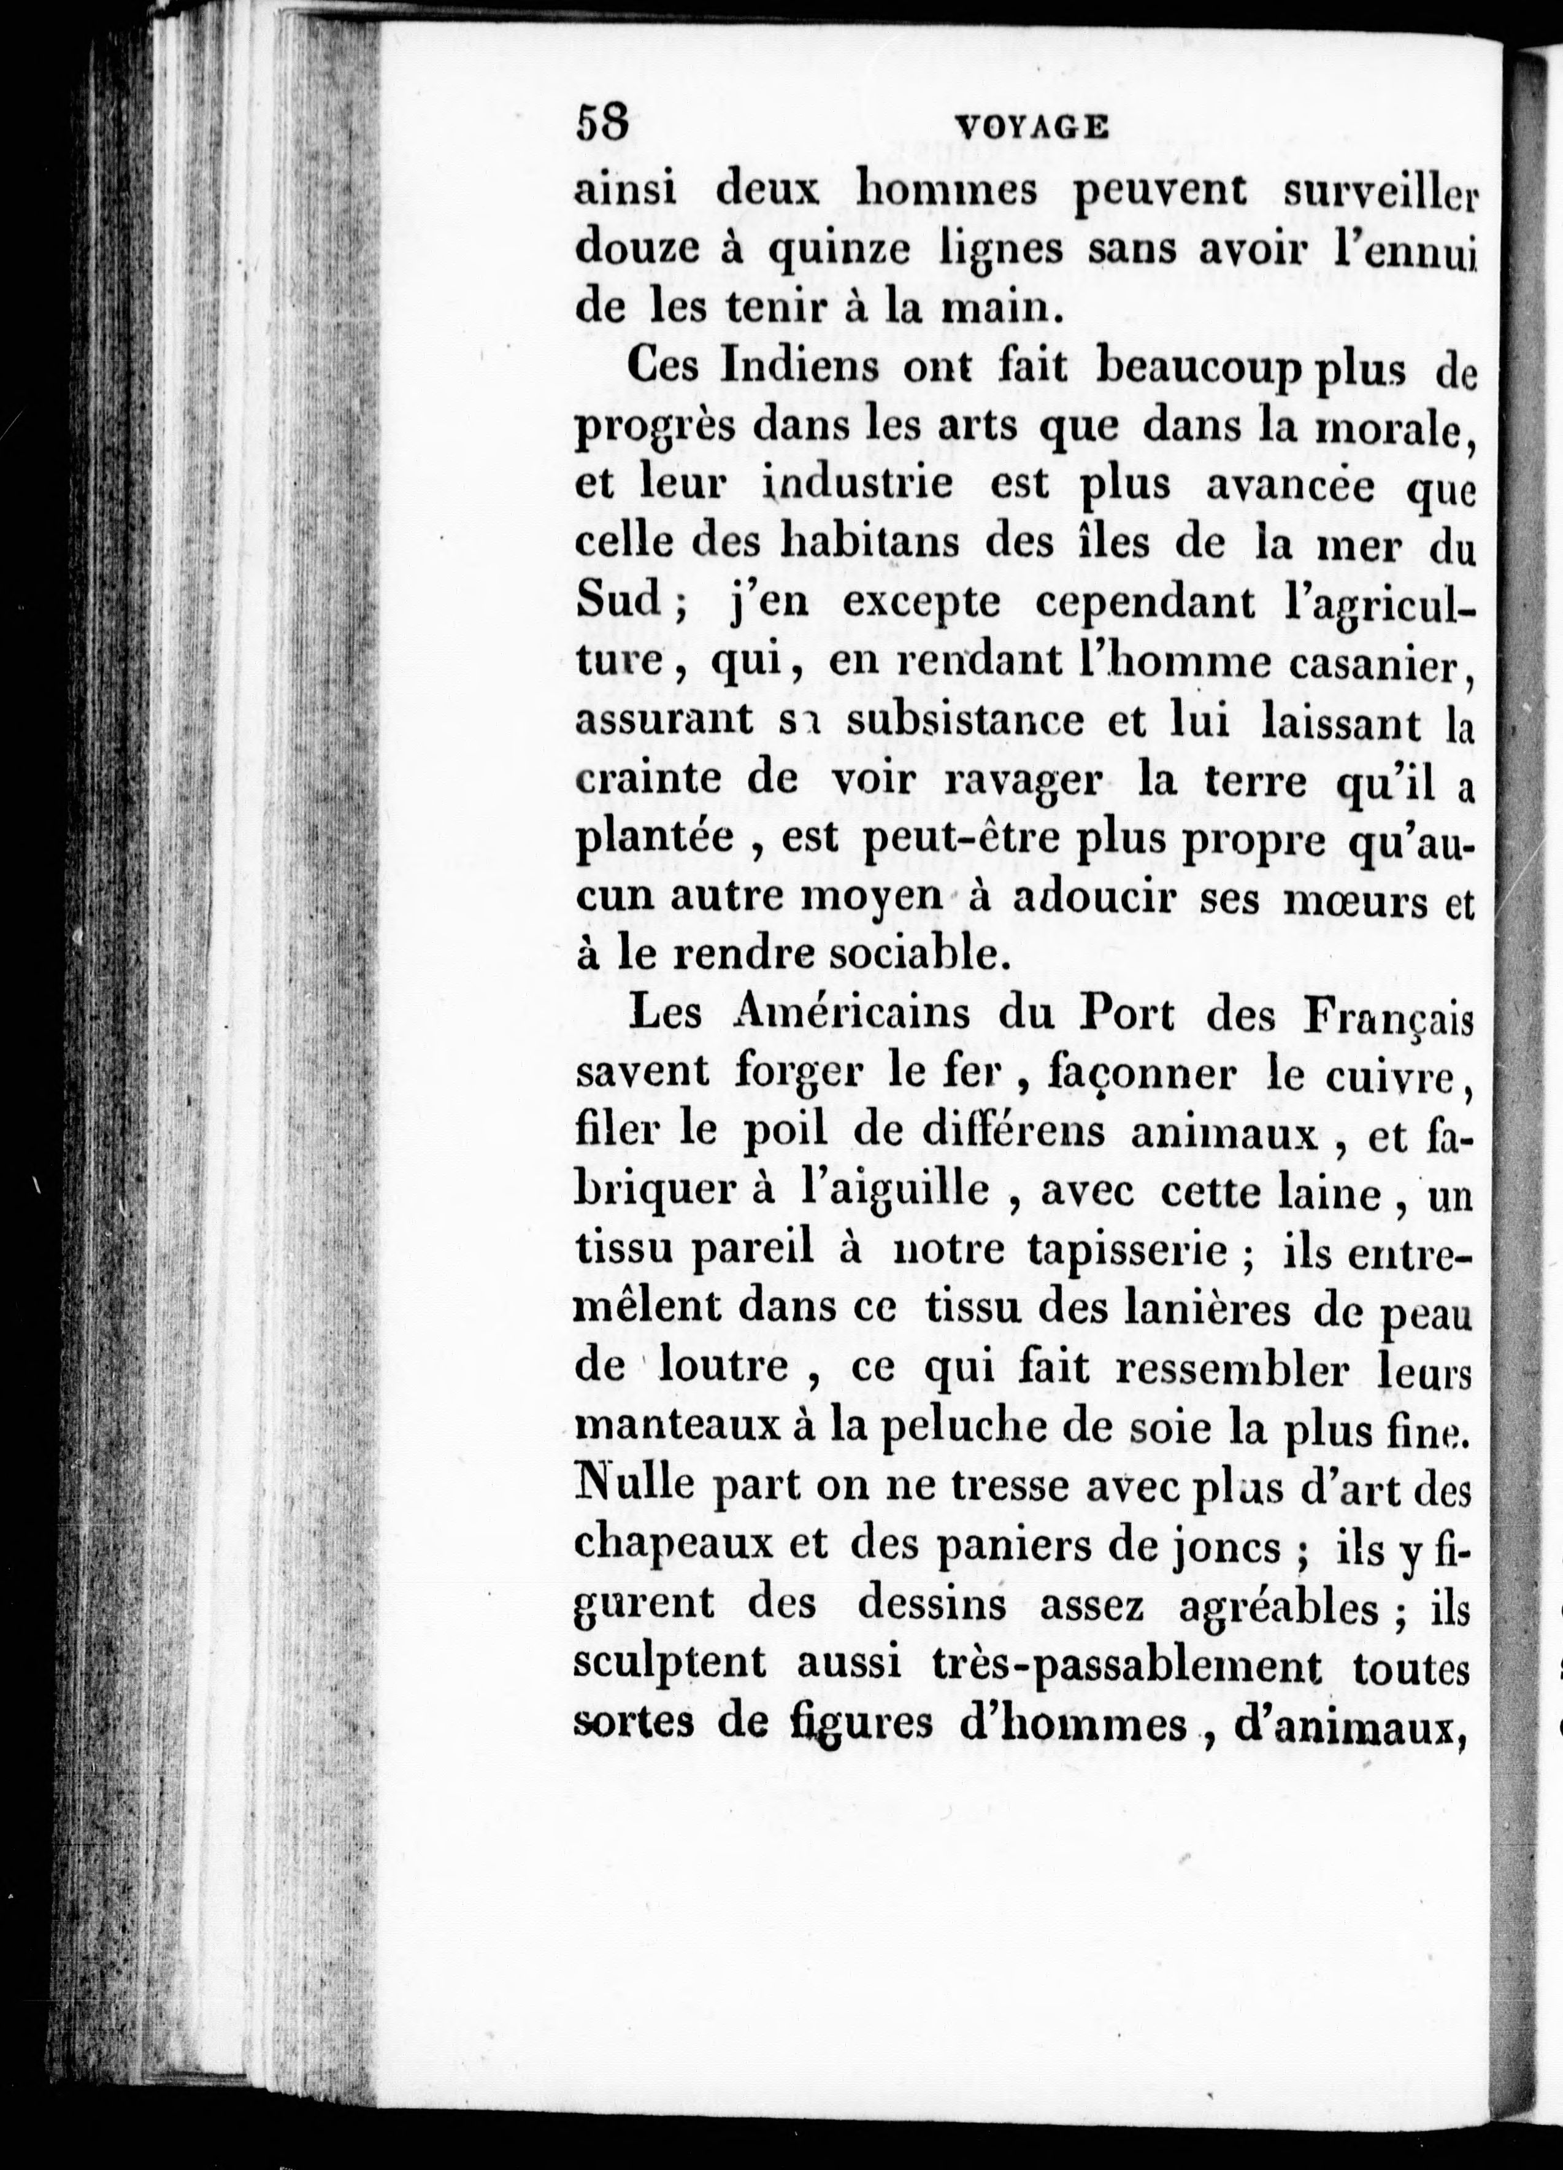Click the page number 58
pyautogui.click(x=602, y=125)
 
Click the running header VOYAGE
pyautogui.click(x=1032, y=126)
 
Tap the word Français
pyautogui.click(x=1387, y=1017)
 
